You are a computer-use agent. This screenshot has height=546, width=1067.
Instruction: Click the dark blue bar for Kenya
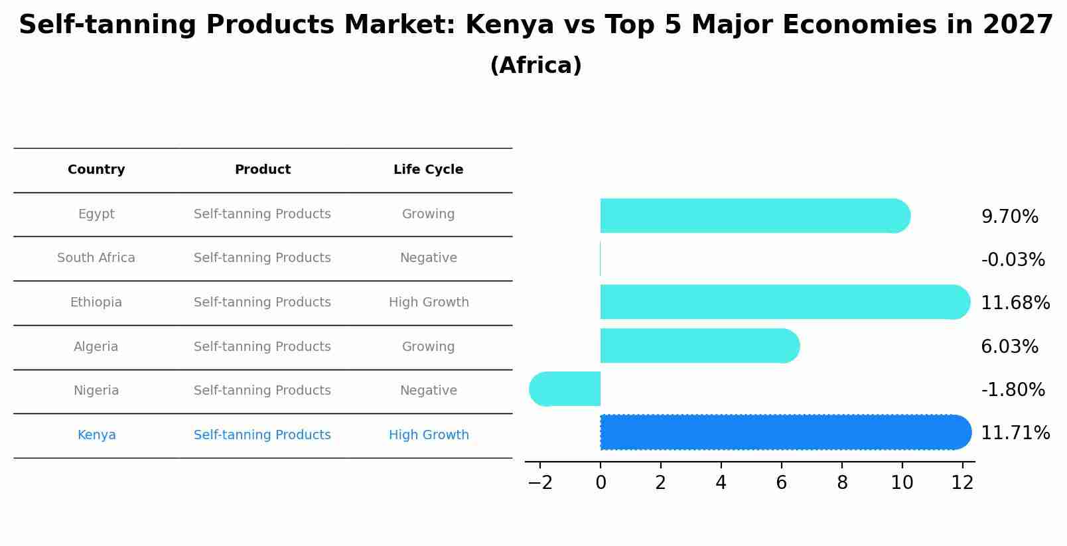pos(783,432)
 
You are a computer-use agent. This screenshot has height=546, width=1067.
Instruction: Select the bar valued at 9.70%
pos(753,216)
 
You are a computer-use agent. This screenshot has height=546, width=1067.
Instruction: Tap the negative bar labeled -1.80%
pos(565,389)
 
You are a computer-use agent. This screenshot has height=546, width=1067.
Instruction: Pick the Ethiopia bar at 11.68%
pos(783,302)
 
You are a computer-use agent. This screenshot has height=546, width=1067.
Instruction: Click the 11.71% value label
pos(1015,433)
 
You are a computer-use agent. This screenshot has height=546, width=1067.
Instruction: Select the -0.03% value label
pos(1013,259)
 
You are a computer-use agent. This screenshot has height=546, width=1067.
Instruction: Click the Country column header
pos(96,170)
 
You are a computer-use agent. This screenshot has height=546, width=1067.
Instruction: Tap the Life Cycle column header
pos(428,170)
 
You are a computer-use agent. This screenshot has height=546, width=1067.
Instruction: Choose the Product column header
pos(262,170)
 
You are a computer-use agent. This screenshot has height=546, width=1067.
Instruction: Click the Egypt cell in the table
pos(96,214)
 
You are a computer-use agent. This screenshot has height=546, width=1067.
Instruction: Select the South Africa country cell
pos(96,258)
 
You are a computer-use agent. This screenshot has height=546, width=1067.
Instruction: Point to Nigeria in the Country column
pos(96,391)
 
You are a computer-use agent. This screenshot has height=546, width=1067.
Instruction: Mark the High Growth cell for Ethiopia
pos(429,303)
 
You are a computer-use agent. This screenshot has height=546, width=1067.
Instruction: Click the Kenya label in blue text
pos(96,435)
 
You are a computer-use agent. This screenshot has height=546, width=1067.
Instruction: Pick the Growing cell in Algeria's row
pos(428,347)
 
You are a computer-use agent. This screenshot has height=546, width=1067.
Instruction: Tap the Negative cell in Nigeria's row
pos(428,391)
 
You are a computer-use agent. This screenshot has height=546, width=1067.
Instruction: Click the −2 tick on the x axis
pos(540,483)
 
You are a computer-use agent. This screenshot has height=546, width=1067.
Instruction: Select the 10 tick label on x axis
pos(902,483)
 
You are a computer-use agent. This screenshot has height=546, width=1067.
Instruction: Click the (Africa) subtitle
pos(535,66)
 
